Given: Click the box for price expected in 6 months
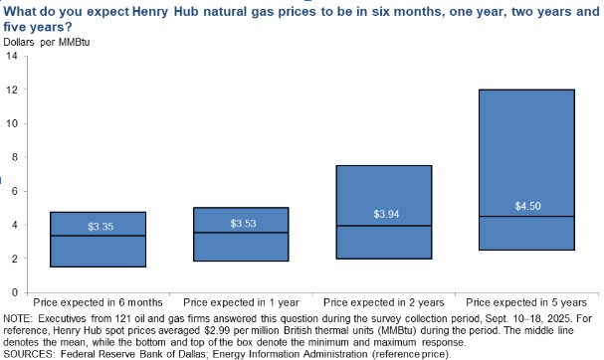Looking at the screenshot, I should click(x=99, y=240).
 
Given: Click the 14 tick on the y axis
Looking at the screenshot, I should click(x=12, y=56).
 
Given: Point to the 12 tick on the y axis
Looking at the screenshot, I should click(x=12, y=90).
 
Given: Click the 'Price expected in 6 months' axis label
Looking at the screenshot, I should click(x=99, y=300).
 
